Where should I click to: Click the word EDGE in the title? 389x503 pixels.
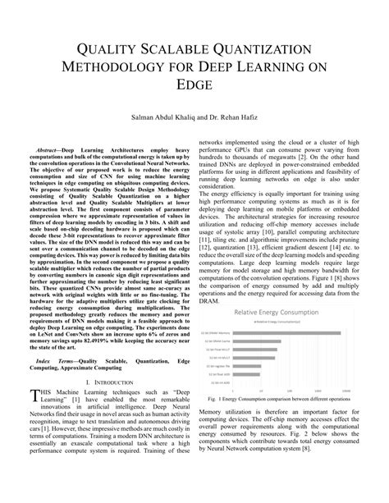click(194, 85)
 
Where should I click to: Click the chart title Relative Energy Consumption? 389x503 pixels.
click(278, 313)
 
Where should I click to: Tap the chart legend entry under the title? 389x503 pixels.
click(278, 321)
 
